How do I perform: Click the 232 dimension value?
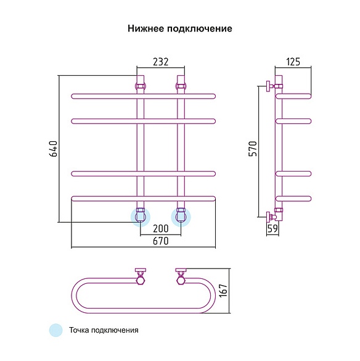click(160, 62)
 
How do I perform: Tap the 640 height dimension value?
click(53, 149)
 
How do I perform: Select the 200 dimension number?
click(160, 228)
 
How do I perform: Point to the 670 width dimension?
click(160, 241)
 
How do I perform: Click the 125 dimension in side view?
click(293, 62)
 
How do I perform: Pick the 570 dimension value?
click(253, 149)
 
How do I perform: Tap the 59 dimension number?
click(272, 228)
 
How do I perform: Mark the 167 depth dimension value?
click(223, 291)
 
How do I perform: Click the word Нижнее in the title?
click(145, 28)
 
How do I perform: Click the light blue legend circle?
click(56, 330)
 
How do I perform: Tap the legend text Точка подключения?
click(104, 330)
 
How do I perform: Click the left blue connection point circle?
click(141, 217)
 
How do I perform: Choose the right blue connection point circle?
click(181, 217)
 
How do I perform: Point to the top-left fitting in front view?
click(141, 86)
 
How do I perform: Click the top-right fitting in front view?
click(181, 86)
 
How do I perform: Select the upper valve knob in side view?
click(268, 86)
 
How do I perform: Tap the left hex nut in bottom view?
click(141, 281)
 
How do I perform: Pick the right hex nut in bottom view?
click(181, 281)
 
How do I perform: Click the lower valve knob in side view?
click(268, 217)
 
